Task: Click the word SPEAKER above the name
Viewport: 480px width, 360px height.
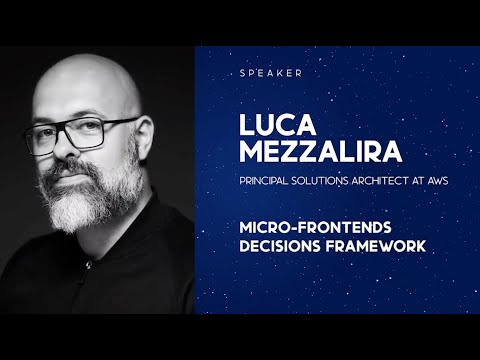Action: pos(270,73)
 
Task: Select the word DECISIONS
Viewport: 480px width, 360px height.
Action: pos(275,243)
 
